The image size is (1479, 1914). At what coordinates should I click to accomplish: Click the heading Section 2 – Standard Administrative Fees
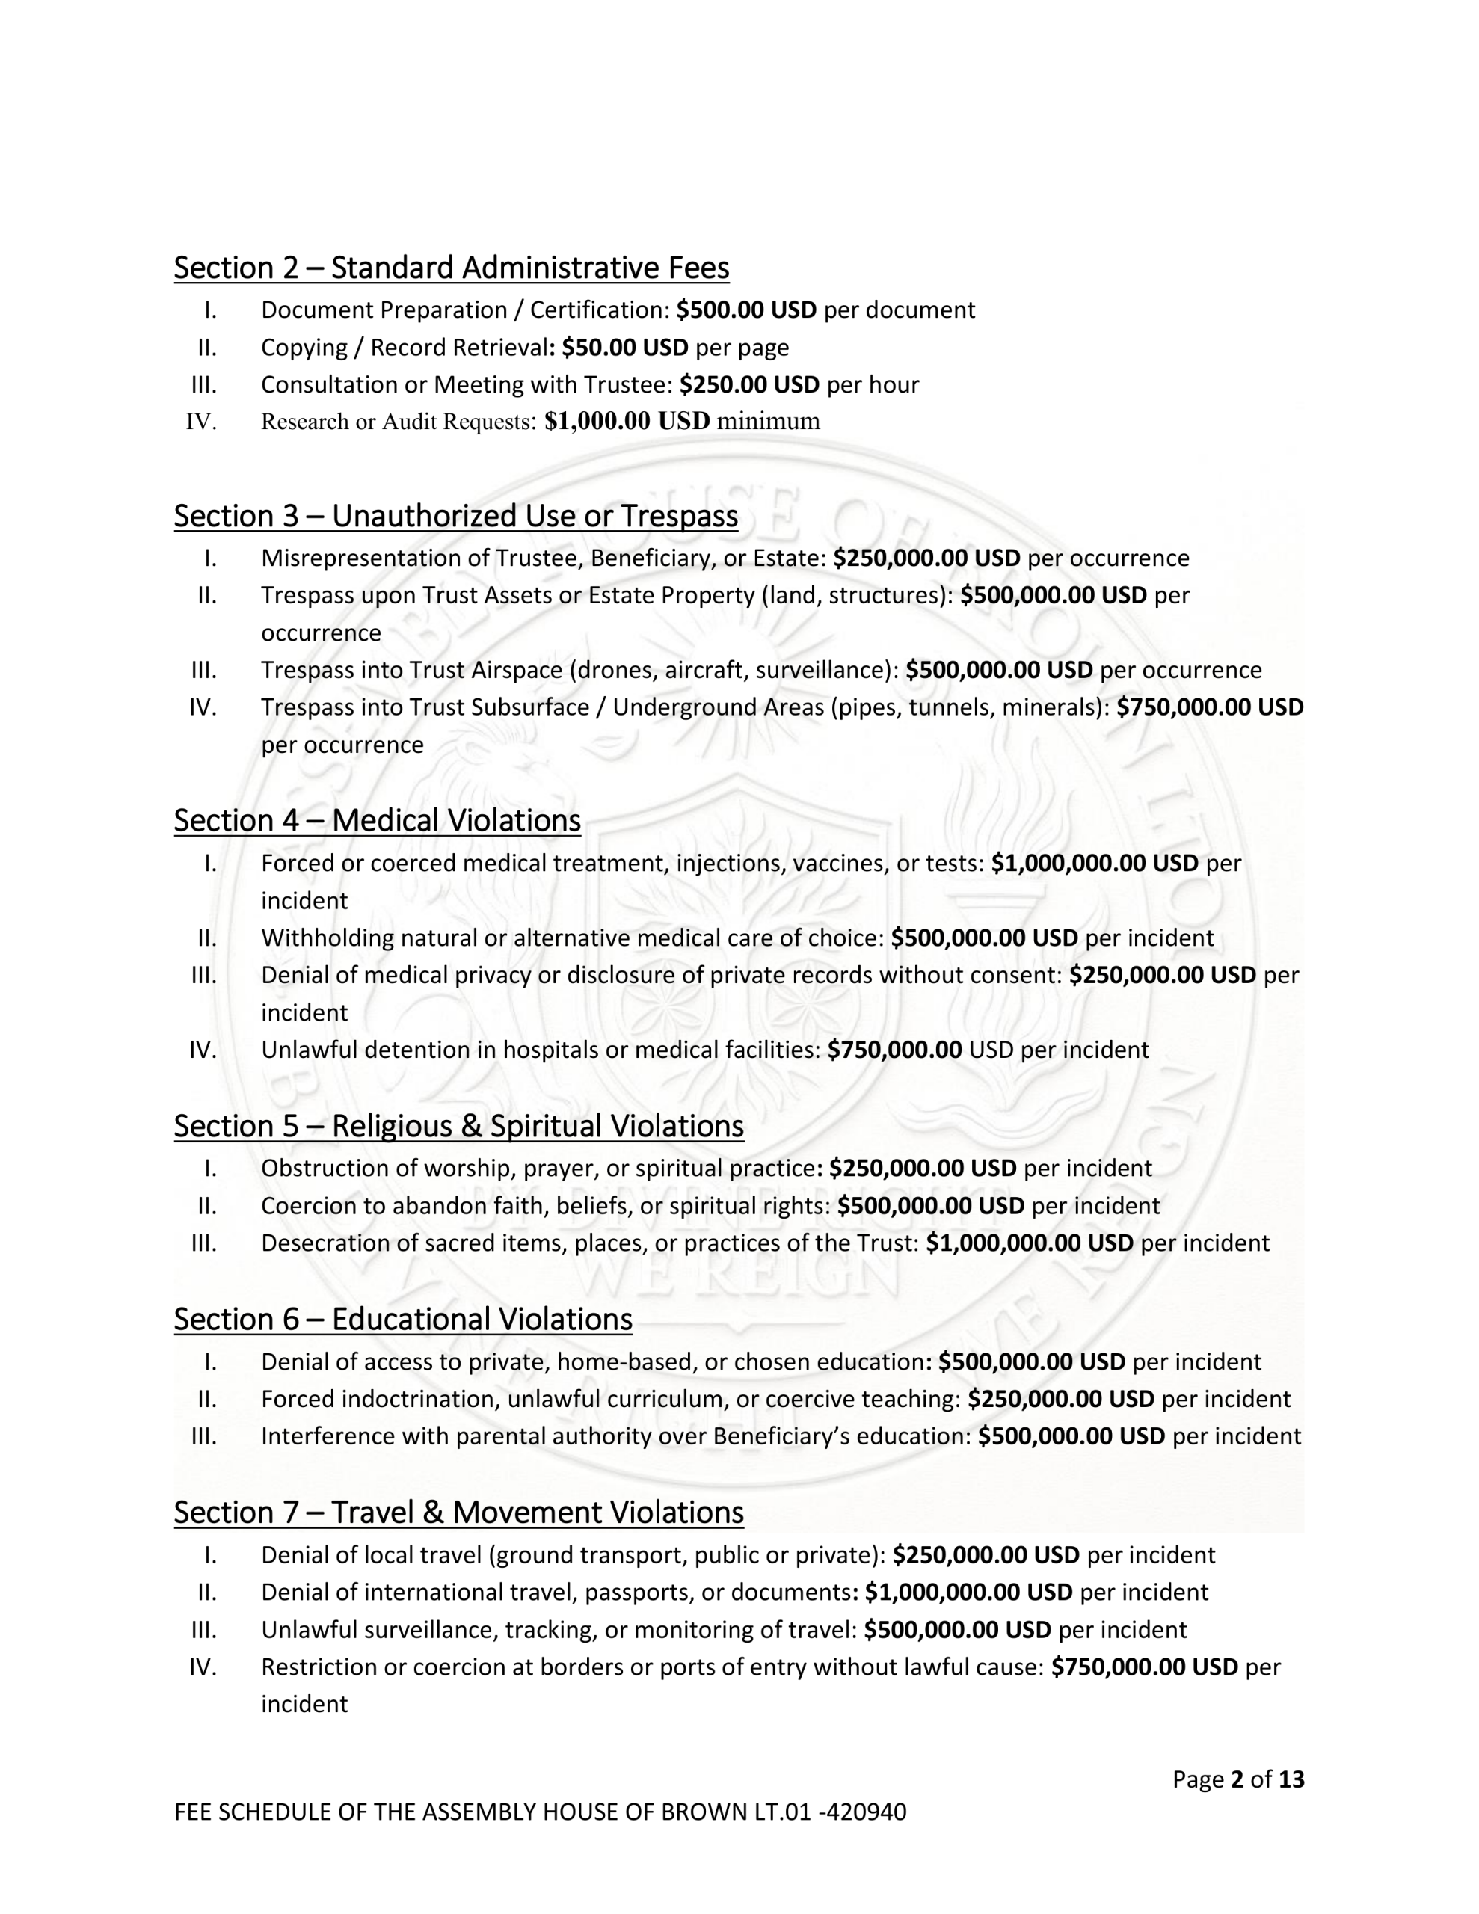451,268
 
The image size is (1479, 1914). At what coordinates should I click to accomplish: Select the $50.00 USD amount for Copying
625,348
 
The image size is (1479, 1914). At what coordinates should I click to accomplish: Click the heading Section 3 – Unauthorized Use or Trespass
455,516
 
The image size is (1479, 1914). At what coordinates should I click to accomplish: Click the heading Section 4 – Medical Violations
377,820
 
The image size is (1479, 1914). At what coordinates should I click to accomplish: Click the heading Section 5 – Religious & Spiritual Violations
458,1126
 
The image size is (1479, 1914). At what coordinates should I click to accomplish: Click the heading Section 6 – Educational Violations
402,1319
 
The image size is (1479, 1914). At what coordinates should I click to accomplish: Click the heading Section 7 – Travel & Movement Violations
458,1513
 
